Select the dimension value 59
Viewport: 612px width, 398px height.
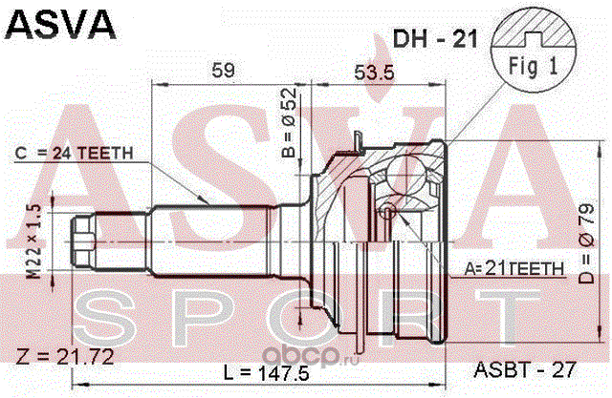coord(223,69)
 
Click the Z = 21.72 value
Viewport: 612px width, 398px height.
coord(63,359)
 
